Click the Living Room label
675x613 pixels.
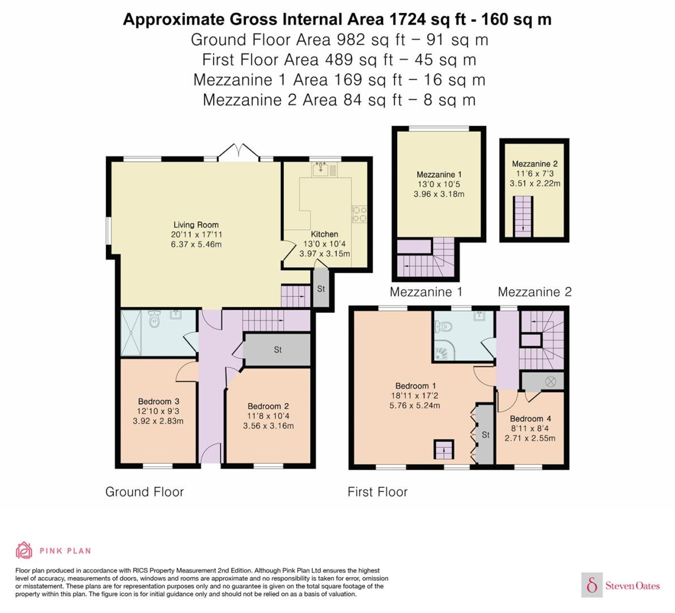pyautogui.click(x=196, y=225)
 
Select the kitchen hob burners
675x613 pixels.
pyautogui.click(x=359, y=214)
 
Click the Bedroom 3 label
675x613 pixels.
pyautogui.click(x=159, y=402)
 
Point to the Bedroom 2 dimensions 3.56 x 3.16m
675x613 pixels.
pyautogui.click(x=268, y=426)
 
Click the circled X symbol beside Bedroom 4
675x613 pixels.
pyautogui.click(x=550, y=382)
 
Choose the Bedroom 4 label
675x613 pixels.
pyautogui.click(x=530, y=418)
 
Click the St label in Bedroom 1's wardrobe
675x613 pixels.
pyautogui.click(x=485, y=435)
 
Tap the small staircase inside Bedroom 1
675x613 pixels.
pyautogui.click(x=444, y=449)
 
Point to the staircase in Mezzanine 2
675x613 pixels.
pyautogui.click(x=523, y=217)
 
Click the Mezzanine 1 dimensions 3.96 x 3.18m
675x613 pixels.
pyautogui.click(x=439, y=194)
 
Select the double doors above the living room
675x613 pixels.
pyautogui.click(x=239, y=151)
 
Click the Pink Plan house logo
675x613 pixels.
pyautogui.click(x=24, y=550)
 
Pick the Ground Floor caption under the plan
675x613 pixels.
pyautogui.click(x=145, y=492)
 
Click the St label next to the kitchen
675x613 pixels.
pyautogui.click(x=321, y=289)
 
